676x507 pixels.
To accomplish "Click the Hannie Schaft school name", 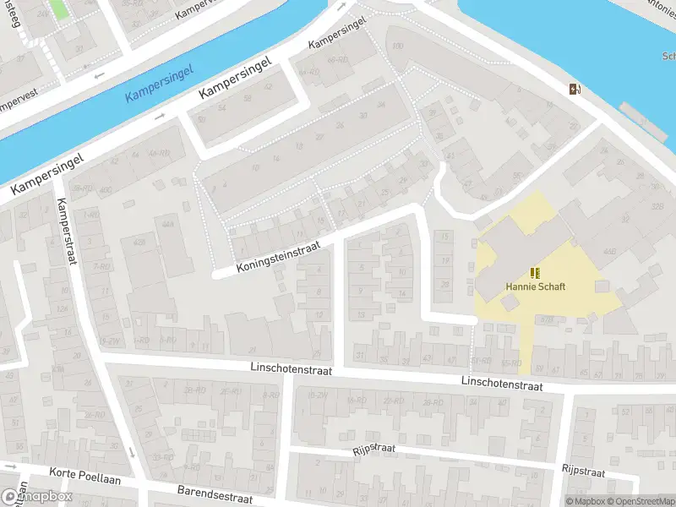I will [535, 286].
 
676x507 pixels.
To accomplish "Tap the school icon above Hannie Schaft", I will [534, 272].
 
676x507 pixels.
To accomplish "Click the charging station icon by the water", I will [575, 90].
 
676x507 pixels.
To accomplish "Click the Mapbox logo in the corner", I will [36, 496].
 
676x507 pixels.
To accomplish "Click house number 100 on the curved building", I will [398, 46].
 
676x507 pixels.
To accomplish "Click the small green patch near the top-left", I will [58, 10].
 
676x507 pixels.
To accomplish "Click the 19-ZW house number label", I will [108, 341].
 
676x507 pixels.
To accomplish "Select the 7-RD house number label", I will [102, 267].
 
